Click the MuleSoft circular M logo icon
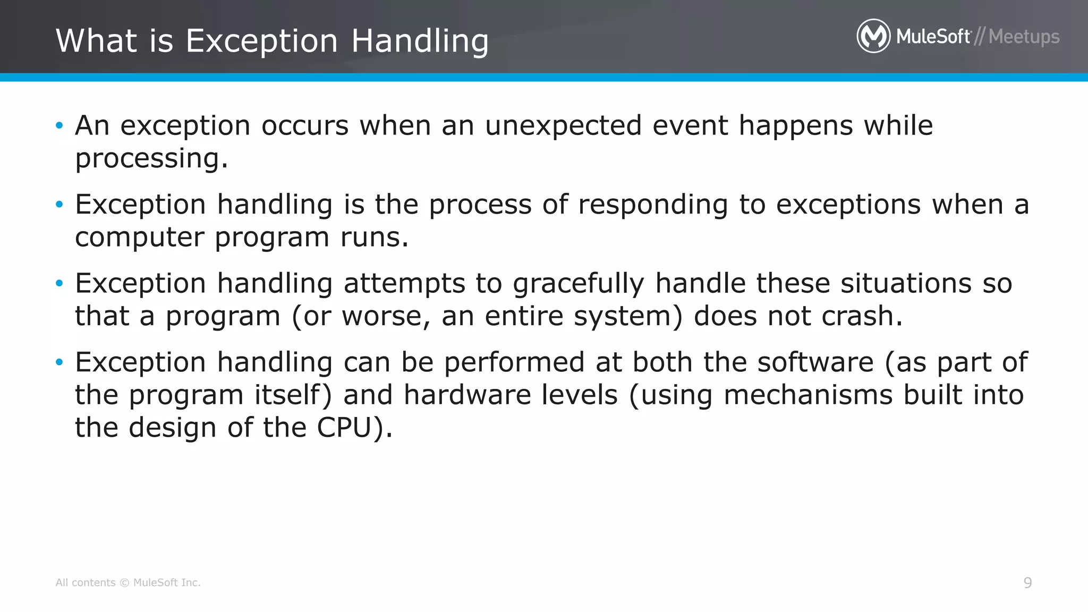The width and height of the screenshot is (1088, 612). click(873, 36)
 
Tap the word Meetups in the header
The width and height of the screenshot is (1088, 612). click(1024, 37)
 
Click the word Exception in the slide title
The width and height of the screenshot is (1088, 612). click(261, 41)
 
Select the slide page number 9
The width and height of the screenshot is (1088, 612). click(1027, 583)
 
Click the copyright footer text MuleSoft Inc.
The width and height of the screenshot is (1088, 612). click(166, 583)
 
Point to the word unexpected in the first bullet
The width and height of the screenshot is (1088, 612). click(563, 126)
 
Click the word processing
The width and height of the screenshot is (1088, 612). click(151, 159)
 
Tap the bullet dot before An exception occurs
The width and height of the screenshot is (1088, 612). click(59, 126)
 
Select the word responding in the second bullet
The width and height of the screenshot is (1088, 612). click(652, 205)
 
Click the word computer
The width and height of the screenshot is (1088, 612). click(139, 237)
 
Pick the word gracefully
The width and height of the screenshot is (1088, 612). click(578, 284)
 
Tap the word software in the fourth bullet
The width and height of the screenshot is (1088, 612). click(815, 362)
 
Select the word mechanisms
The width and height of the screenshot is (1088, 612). click(807, 395)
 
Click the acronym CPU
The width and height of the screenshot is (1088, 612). click(344, 428)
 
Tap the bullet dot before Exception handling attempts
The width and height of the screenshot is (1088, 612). click(59, 284)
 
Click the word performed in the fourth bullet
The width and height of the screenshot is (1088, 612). click(514, 362)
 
